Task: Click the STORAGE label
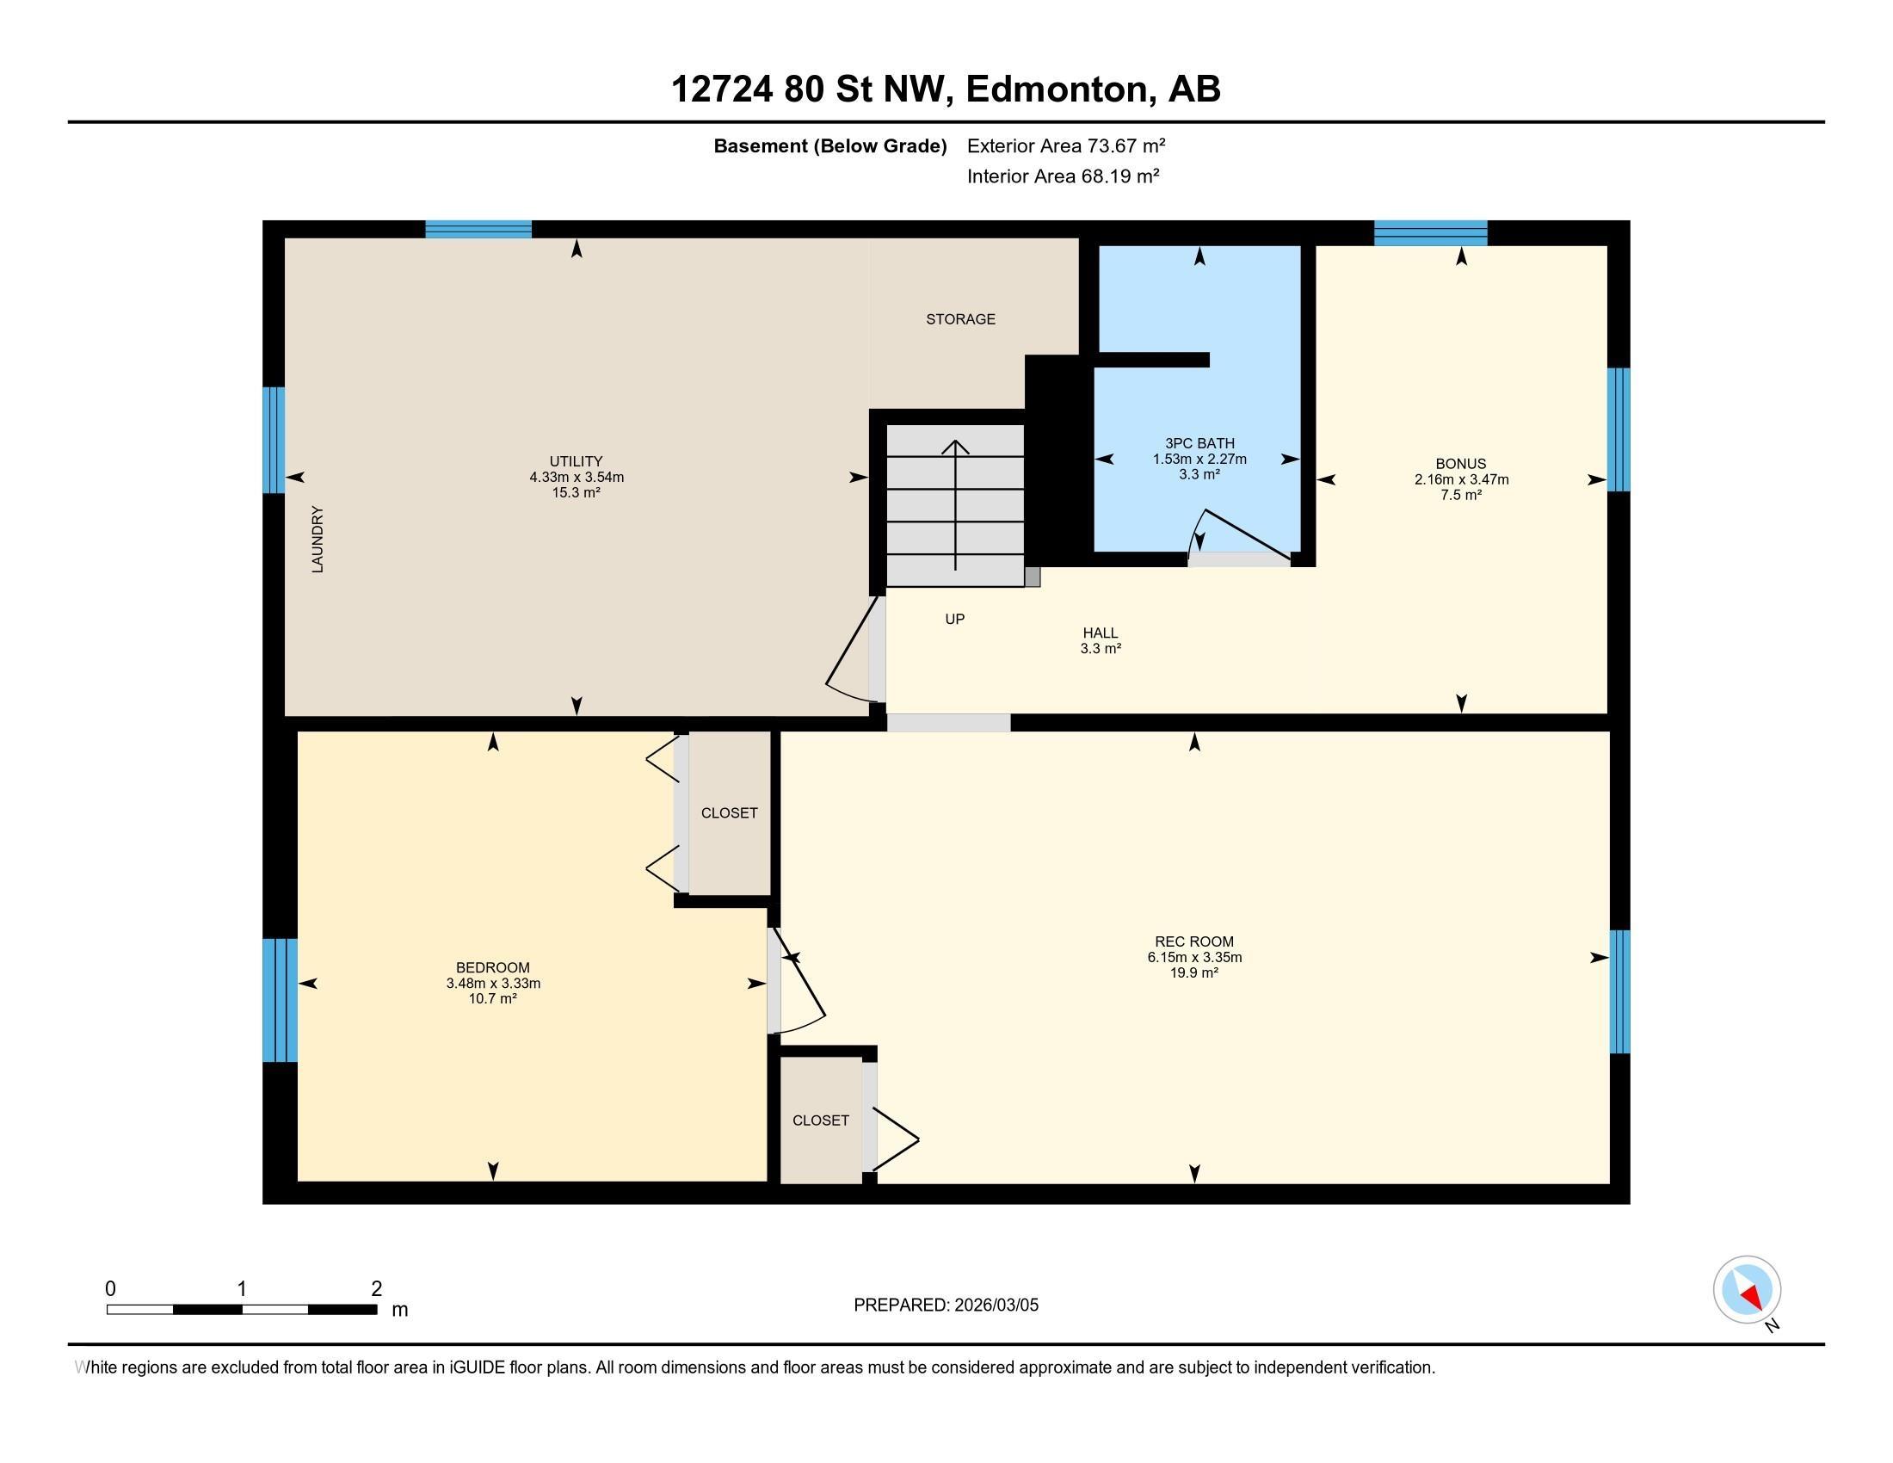960,319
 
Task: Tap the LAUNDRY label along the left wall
318,539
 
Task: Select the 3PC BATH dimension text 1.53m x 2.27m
1199,460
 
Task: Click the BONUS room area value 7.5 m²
1461,495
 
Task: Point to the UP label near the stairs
954,619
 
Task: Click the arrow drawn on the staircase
955,503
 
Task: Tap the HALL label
1100,633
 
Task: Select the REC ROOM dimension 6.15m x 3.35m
1194,957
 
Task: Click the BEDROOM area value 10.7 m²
492,998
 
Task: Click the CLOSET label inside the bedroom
729,813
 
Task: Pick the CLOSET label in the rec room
820,1120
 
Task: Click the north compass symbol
1748,1290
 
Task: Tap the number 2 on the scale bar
376,1289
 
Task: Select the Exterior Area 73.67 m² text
1066,145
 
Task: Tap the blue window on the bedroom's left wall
279,1000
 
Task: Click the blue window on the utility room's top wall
478,230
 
